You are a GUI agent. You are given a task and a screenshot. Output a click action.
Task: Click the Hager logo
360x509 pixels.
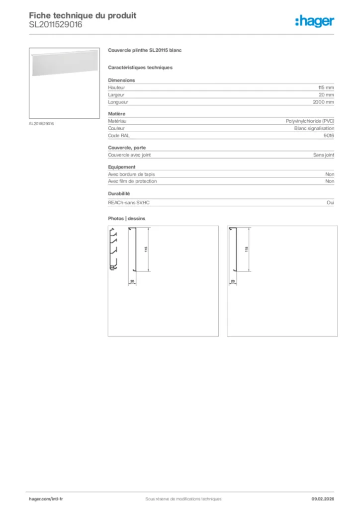pos(314,21)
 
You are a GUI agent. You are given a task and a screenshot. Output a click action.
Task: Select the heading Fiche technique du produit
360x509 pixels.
pos(83,15)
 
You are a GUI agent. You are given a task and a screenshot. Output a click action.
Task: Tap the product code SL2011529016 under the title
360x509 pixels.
pos(56,24)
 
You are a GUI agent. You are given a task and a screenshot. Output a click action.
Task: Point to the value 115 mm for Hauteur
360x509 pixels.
pos(326,87)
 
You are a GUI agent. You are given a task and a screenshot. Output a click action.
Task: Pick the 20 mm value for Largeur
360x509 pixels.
pos(327,95)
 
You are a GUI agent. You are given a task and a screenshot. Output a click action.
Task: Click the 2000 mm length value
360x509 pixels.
pos(323,102)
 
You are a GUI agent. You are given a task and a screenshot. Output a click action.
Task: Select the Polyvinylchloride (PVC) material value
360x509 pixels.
pos(310,121)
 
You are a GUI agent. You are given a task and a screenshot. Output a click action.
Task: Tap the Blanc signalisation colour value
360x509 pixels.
pos(314,128)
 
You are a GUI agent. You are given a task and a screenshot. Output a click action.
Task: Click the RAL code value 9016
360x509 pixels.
pos(329,135)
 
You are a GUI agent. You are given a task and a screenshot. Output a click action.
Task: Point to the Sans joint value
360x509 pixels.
pos(323,155)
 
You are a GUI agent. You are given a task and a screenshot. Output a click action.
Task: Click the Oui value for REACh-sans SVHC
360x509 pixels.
pos(331,203)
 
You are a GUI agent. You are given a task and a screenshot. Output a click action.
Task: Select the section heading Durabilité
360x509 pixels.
pos(119,193)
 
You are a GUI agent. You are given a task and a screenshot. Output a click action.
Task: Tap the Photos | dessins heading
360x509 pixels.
pos(127,218)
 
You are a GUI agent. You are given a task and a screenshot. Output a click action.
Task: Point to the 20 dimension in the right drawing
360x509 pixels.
pos(233,282)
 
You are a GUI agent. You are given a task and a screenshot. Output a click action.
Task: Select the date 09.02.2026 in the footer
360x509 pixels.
pos(323,499)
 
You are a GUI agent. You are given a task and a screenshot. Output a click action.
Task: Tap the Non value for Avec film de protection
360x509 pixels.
pos(330,181)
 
